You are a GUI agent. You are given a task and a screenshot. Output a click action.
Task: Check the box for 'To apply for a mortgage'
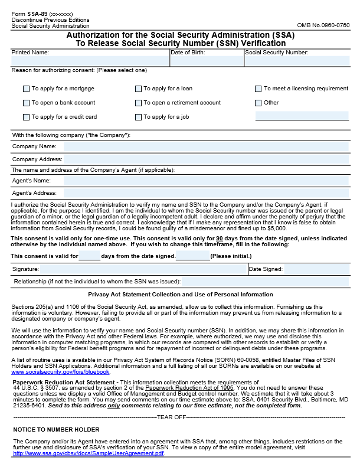point(26,89)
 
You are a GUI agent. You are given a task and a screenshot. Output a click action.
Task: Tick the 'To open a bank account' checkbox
point(26,103)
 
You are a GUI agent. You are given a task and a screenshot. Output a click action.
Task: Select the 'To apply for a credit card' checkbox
point(26,117)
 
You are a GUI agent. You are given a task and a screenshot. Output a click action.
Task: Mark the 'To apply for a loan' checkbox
point(139,89)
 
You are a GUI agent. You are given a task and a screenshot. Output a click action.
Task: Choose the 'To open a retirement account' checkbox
point(139,103)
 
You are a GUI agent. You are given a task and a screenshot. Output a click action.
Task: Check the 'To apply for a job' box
point(139,117)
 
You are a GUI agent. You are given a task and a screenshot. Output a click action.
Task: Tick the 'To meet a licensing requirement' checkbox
point(258,89)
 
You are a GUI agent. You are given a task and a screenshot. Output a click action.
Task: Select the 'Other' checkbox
point(258,103)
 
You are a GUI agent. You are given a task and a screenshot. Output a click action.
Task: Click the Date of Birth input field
point(206,61)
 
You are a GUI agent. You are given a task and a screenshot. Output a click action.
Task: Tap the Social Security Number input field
point(297,61)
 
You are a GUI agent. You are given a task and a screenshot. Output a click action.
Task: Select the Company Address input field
point(206,159)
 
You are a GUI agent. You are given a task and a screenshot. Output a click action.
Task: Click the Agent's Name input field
point(206,181)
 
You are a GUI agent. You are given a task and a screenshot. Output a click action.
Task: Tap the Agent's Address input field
point(206,193)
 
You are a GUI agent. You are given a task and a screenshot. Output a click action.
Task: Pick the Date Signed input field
point(316,269)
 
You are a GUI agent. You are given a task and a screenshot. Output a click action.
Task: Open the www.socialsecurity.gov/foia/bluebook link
point(60,372)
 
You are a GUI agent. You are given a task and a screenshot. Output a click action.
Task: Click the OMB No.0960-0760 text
point(323,25)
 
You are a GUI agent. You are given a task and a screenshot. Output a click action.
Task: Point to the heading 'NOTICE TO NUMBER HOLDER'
point(56,429)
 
